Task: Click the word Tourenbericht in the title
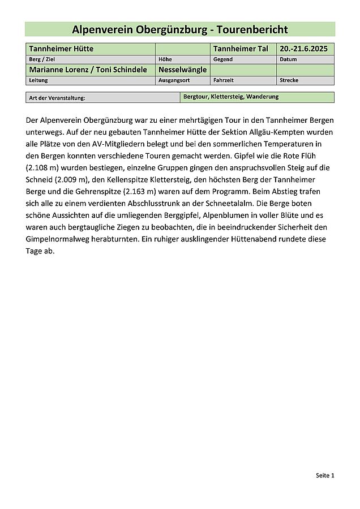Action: [x=254, y=29]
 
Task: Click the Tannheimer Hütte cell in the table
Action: [x=61, y=49]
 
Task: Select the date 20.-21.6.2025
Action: [x=303, y=49]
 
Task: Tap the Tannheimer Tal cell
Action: [x=241, y=49]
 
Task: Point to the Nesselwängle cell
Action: [x=183, y=70]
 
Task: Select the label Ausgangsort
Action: [x=172, y=80]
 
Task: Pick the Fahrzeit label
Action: [x=224, y=80]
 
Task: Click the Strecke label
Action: [x=289, y=80]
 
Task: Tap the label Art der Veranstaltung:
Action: [x=57, y=98]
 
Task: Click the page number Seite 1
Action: [x=325, y=476]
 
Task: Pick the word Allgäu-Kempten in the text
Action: [x=277, y=132]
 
